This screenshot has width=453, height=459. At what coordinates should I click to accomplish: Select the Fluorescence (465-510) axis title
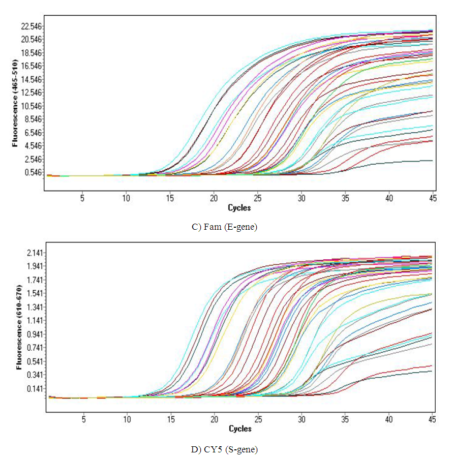pos(15,104)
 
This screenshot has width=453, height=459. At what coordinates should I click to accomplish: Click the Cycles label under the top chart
pos(239,207)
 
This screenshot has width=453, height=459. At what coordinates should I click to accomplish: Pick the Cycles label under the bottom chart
pos(239,429)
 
